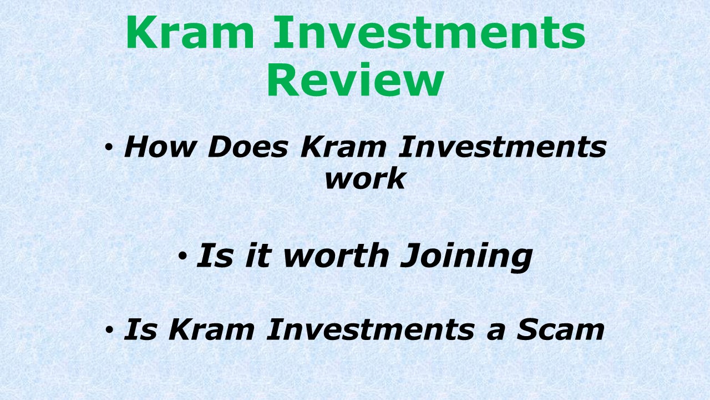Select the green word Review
click(355, 81)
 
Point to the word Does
click(248, 147)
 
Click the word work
click(365, 179)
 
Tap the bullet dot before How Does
click(109, 148)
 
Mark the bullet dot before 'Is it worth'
click(182, 256)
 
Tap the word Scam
click(560, 329)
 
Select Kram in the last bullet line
click(210, 329)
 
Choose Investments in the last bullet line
click(371, 329)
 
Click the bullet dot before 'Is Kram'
click(109, 330)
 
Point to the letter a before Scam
click(495, 331)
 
